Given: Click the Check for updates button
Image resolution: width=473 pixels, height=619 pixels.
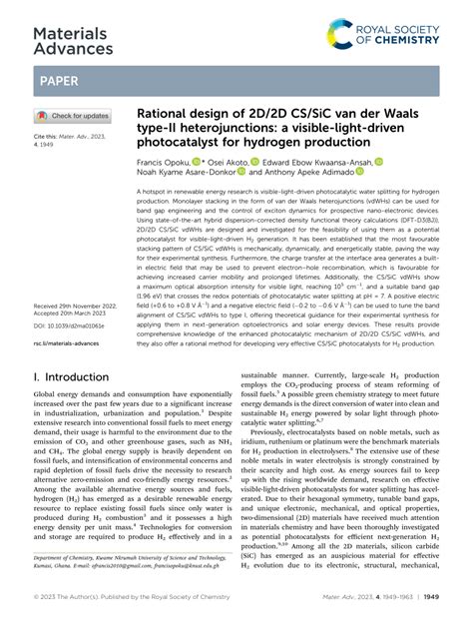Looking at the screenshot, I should point(74,116).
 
